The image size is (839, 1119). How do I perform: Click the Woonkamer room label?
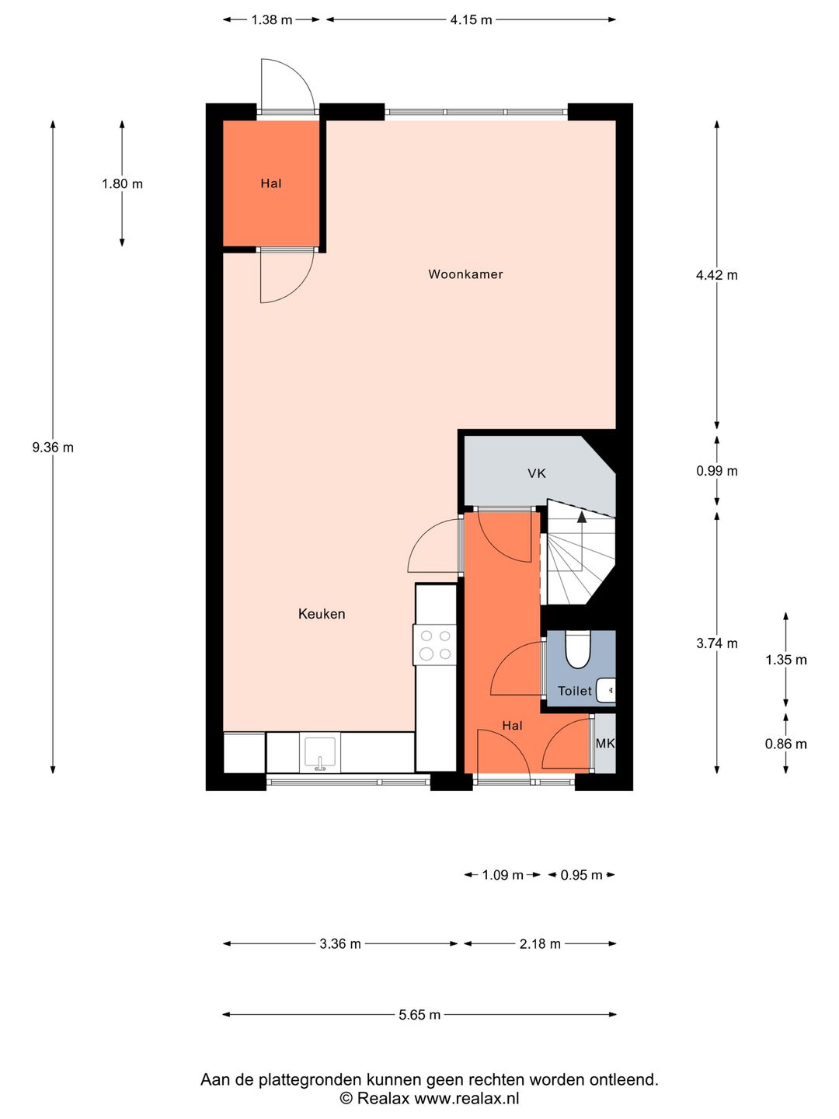pos(465,274)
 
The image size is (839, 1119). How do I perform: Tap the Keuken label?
pos(321,614)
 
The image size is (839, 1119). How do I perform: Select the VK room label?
pos(536,473)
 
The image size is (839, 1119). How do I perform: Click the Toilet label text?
pos(574,691)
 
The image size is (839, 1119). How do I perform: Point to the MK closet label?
pos(604,744)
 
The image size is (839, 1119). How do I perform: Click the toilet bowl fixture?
pos(578,650)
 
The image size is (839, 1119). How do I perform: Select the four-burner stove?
pos(435,645)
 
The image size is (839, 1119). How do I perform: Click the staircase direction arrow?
pos(581,518)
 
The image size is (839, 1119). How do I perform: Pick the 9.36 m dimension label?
pos(53,448)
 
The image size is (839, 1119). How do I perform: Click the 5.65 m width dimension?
pos(419,1015)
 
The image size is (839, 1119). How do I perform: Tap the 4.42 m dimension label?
pos(716,275)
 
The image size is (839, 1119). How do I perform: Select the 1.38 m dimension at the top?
pos(271,20)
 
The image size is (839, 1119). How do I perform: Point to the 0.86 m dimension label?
pos(785,744)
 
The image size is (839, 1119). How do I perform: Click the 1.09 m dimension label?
pos(502,875)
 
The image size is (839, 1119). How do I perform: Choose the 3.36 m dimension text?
pos(339,944)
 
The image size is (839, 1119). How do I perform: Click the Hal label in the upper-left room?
pos(270,184)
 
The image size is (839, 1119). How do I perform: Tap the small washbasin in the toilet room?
pos(607,689)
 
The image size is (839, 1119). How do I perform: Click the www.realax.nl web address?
pos(466,1099)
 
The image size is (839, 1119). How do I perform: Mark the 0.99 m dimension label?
pos(716,471)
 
